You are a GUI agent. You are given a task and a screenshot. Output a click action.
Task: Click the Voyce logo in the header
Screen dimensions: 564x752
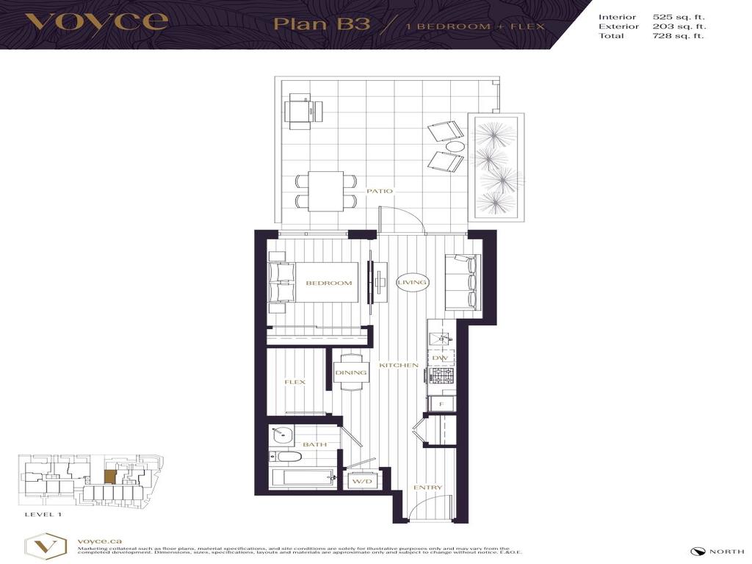(96, 21)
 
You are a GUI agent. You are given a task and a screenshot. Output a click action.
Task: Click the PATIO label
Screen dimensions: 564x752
(380, 191)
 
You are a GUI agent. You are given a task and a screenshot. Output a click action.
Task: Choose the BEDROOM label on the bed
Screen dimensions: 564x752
(328, 283)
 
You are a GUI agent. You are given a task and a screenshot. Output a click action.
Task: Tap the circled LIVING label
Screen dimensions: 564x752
(412, 282)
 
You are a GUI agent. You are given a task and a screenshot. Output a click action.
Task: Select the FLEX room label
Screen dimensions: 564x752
(294, 383)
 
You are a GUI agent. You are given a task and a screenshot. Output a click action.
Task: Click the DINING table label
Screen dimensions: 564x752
(350, 373)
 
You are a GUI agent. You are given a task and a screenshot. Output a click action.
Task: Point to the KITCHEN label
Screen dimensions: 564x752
(399, 365)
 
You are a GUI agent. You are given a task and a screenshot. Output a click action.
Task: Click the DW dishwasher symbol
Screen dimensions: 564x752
(440, 358)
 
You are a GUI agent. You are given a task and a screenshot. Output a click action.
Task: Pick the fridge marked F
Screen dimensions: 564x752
(441, 404)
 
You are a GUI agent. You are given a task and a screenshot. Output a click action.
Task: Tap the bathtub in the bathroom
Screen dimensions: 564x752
(301, 477)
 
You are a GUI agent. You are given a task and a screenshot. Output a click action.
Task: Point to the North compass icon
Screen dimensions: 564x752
(697, 552)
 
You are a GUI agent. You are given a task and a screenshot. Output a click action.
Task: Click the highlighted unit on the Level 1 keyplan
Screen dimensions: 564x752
(109, 477)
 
